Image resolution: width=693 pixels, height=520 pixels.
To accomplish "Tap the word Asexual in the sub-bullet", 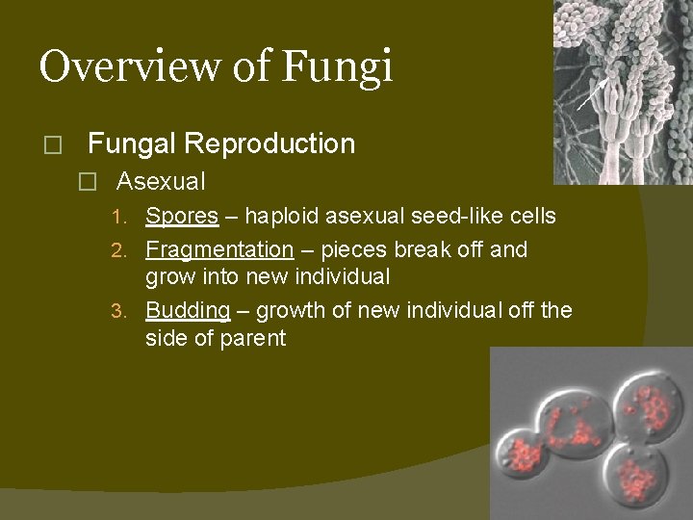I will pyautogui.click(x=161, y=181).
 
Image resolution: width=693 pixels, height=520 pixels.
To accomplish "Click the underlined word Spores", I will pyautogui.click(x=182, y=216).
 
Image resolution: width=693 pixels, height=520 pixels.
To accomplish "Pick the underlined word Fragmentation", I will pyautogui.click(x=219, y=249).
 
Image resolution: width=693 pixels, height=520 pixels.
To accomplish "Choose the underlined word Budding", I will pyautogui.click(x=188, y=310).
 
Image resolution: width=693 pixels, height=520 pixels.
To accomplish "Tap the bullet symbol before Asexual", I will pyautogui.click(x=89, y=182).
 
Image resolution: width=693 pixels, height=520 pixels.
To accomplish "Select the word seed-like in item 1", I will pyautogui.click(x=455, y=216).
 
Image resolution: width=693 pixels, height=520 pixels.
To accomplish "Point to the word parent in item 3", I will pyautogui.click(x=254, y=338).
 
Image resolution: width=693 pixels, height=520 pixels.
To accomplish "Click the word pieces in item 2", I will pyautogui.click(x=352, y=249).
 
